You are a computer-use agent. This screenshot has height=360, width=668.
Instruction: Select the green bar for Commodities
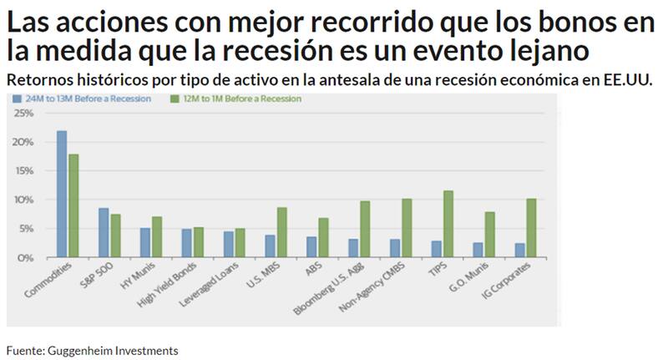(73, 205)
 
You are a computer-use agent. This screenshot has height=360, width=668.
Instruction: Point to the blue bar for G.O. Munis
(478, 250)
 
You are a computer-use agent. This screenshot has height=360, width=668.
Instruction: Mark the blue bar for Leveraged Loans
(228, 244)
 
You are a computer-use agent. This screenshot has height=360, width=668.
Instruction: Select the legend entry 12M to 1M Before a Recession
(236, 99)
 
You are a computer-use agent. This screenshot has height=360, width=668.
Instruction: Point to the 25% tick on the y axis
(24, 114)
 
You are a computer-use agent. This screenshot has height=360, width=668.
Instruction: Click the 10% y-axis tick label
(24, 200)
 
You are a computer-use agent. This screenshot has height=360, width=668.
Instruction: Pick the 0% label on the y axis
(27, 258)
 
